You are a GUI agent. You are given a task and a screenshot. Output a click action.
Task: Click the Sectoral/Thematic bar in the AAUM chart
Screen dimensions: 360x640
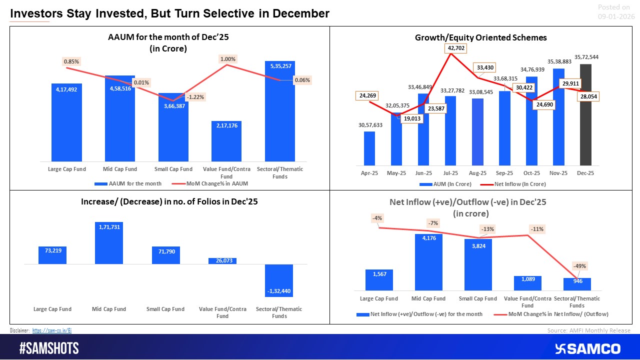tap(279, 110)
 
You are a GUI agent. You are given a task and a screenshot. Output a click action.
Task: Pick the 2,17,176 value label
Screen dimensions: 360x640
tap(226, 125)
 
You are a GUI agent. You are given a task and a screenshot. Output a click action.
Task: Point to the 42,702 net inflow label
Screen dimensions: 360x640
tap(451, 48)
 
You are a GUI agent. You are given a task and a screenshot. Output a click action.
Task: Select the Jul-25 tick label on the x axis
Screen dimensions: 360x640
tap(450, 173)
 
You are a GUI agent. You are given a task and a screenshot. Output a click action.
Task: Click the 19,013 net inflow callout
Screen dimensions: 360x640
tap(411, 118)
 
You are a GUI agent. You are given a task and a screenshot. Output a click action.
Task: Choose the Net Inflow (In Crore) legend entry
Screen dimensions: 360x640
tap(517, 184)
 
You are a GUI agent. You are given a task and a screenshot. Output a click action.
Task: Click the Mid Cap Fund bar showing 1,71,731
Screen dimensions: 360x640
tap(108, 243)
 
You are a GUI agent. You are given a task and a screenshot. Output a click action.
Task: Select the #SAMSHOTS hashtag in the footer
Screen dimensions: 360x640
tap(49, 348)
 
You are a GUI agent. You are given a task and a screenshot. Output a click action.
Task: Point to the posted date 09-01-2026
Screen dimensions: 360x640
tap(616, 16)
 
